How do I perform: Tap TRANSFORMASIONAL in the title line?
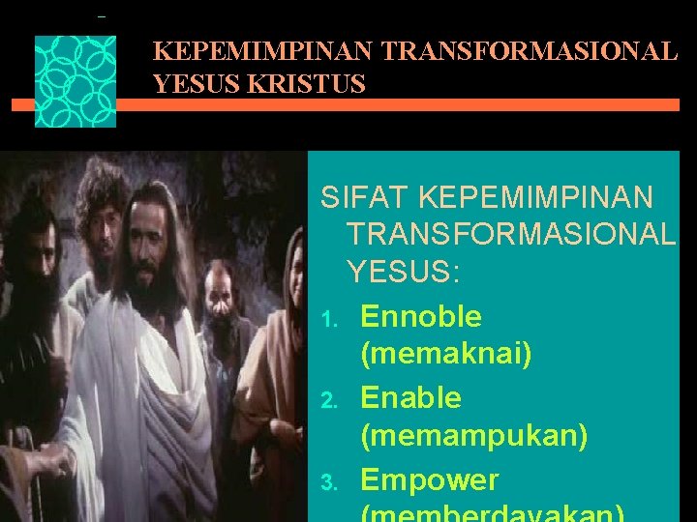pyautogui.click(x=530, y=51)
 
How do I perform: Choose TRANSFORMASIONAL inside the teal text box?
pyautogui.click(x=510, y=234)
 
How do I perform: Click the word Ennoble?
pyautogui.click(x=420, y=316)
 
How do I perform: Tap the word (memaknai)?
pyautogui.click(x=445, y=355)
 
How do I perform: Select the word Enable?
pyautogui.click(x=410, y=397)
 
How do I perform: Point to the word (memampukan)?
pyautogui.click(x=473, y=436)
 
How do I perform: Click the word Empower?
pyautogui.click(x=429, y=479)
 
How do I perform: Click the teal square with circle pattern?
pyautogui.click(x=76, y=81)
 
